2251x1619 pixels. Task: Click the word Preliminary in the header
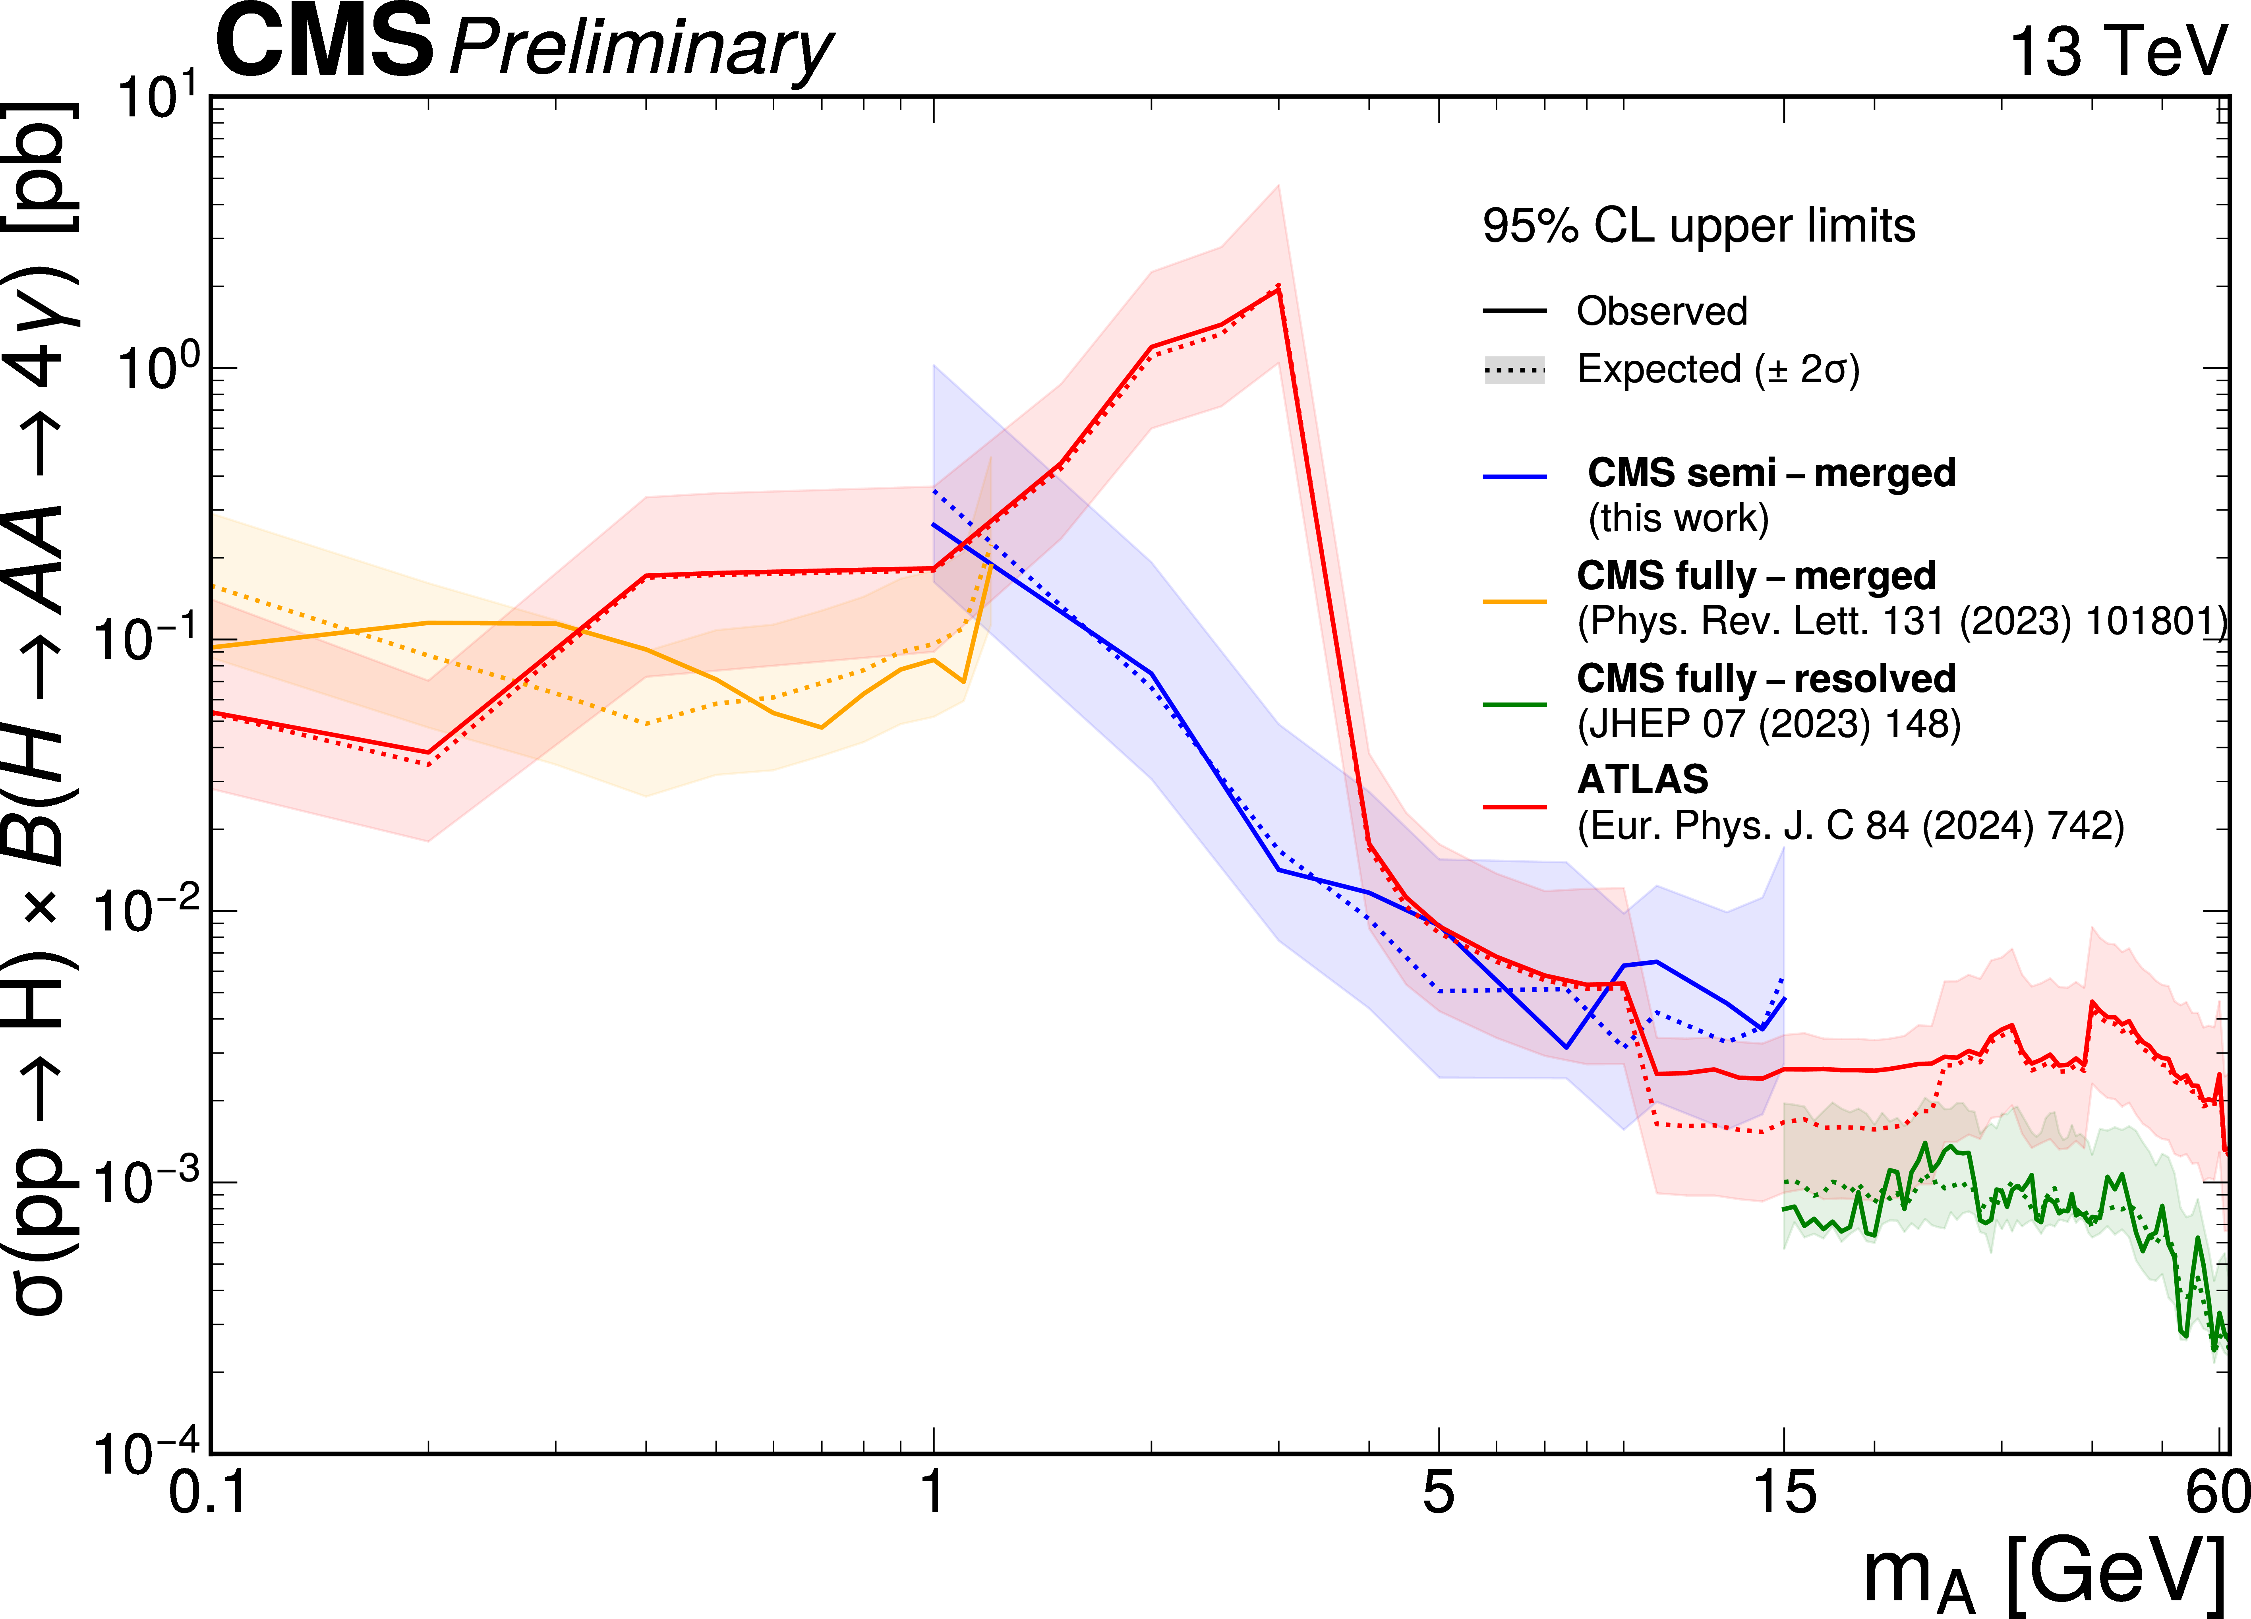640,50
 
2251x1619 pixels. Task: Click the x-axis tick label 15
1785,1492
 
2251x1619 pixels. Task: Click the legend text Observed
1661,312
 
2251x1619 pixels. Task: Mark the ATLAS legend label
1643,780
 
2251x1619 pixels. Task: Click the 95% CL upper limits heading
1698,226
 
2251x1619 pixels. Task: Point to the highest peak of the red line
1278,288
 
